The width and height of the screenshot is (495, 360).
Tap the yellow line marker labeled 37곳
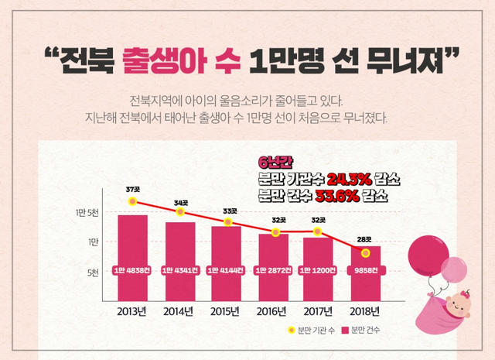coord(132,201)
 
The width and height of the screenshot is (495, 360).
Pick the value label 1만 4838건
coord(132,272)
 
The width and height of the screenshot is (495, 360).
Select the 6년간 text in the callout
coord(273,162)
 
